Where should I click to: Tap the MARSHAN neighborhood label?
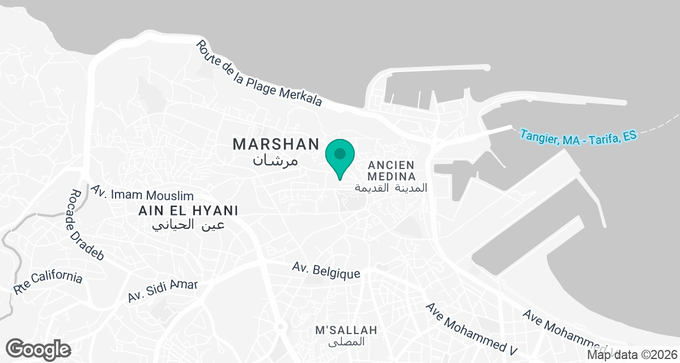coord(276,145)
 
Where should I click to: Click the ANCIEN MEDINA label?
coord(392,170)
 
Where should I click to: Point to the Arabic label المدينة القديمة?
coord(391,187)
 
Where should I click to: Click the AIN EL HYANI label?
coord(188,210)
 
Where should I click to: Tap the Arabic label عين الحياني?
coord(189,225)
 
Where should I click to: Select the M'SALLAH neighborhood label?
coord(346,330)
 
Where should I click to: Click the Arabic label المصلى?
coord(347,343)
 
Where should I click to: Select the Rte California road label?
coord(49,283)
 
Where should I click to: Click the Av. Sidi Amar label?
coord(162,290)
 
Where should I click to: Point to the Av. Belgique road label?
coord(326,271)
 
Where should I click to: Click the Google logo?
coord(39,348)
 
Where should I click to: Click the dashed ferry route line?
coord(660,124)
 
